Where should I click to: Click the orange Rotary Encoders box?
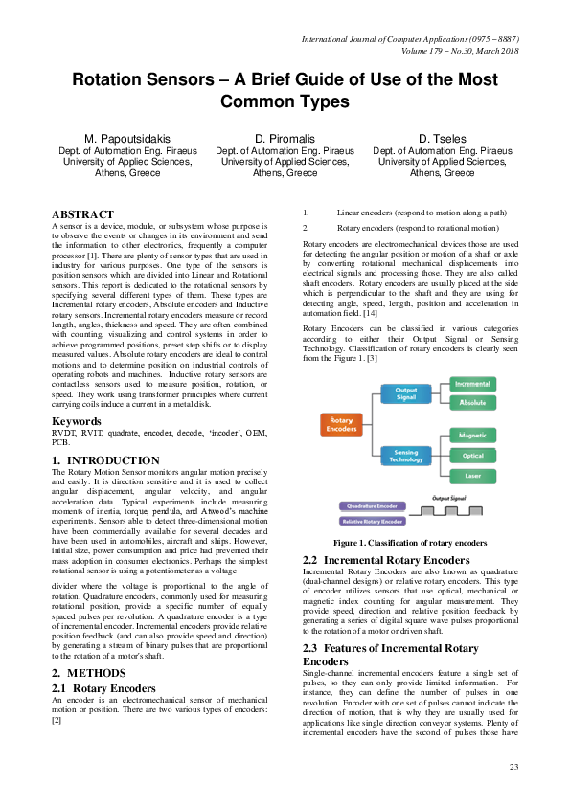point(339,425)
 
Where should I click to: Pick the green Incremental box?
point(472,383)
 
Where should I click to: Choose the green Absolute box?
point(472,402)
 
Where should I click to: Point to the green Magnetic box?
point(472,436)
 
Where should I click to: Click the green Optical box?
point(472,456)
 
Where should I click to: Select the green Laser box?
point(472,476)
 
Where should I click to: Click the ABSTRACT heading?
point(82,214)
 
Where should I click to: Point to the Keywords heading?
point(76,421)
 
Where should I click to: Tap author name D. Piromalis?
point(285,139)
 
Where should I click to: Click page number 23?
point(513,768)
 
